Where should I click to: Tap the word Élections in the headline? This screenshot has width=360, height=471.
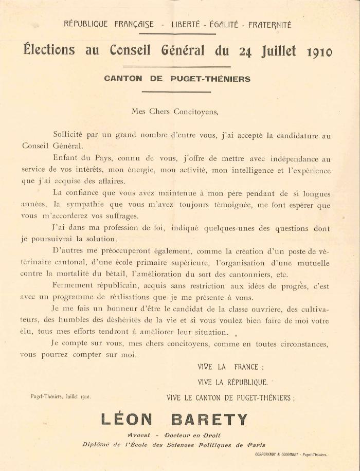[49, 50]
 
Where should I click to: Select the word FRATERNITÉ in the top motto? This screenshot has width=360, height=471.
[269, 24]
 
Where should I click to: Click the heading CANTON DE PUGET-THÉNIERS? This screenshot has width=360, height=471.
[177, 79]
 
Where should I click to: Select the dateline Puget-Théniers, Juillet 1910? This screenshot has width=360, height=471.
[61, 396]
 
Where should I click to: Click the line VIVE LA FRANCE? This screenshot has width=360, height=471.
[230, 367]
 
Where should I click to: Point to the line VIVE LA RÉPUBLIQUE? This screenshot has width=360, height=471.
[232, 382]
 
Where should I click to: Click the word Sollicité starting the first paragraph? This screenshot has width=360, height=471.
[70, 136]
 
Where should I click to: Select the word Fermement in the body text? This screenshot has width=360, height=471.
[72, 286]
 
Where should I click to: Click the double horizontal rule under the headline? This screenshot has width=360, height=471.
[178, 66]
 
